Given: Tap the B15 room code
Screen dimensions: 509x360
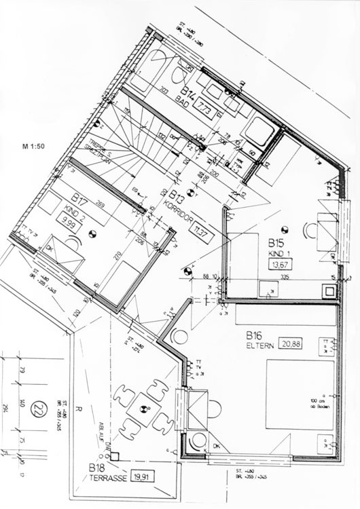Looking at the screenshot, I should pyautogui.click(x=275, y=243).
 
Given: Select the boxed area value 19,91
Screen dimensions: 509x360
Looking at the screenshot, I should pyautogui.click(x=144, y=476).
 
